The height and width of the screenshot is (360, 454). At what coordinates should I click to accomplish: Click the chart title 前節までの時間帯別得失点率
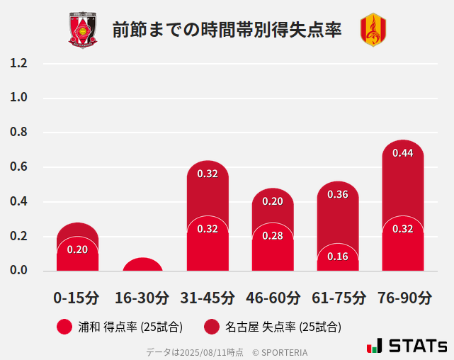[227, 30]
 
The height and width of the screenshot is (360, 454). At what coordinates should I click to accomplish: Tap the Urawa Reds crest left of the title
[83, 30]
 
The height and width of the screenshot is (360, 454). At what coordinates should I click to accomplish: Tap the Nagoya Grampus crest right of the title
[373, 30]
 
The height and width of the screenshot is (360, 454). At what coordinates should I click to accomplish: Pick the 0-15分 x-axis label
[77, 297]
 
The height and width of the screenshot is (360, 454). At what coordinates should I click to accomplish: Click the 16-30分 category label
[142, 297]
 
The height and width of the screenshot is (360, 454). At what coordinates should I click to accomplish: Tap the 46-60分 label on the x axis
[273, 297]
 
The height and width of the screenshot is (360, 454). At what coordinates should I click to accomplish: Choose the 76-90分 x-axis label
[403, 297]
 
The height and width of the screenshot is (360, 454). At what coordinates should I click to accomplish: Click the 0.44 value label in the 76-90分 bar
[403, 153]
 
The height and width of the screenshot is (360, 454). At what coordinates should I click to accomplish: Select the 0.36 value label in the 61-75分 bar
[338, 194]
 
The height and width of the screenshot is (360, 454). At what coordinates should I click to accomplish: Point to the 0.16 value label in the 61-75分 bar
[338, 257]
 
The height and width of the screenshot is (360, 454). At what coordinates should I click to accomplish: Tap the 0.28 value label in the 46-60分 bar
[273, 235]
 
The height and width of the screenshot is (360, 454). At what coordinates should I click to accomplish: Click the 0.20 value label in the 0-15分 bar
[77, 249]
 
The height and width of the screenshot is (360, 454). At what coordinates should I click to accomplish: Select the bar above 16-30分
[142, 264]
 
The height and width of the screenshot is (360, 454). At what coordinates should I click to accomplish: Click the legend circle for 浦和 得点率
[65, 327]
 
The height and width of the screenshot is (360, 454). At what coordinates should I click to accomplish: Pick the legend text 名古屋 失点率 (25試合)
[283, 327]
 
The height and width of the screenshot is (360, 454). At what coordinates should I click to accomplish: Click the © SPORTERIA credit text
[280, 352]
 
